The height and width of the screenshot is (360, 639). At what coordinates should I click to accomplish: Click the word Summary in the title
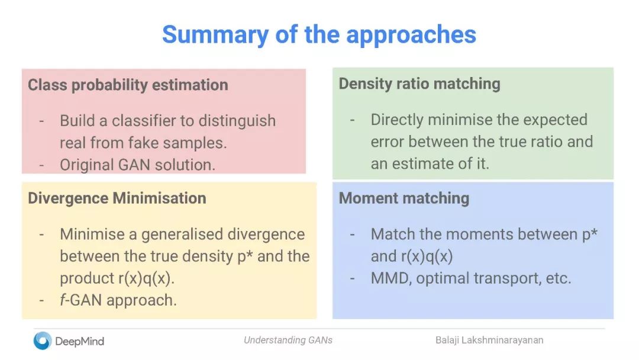215,35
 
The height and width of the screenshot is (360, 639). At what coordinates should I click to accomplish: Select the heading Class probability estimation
128,85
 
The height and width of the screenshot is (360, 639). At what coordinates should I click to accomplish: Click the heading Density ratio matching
419,83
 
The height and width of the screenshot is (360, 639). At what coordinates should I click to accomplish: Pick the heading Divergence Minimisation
117,198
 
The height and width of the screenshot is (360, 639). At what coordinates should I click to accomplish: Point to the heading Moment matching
404,198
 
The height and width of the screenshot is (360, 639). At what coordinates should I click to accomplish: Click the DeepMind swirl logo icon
43,341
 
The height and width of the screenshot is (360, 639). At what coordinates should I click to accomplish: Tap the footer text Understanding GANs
288,340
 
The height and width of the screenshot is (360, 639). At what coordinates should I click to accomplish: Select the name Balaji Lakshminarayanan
489,340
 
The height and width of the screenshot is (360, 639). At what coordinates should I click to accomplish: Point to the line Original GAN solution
137,165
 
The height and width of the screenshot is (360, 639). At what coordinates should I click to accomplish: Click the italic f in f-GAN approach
63,300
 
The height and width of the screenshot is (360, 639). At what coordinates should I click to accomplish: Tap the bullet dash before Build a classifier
41,121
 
